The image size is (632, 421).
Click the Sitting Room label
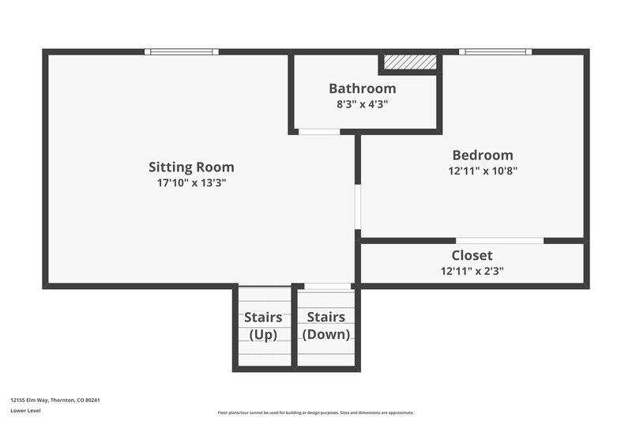tap(191, 167)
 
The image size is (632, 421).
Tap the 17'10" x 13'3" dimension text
tap(191, 182)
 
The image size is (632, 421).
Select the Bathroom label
tap(362, 88)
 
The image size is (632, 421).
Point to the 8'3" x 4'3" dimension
tap(362, 103)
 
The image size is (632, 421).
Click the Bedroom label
tap(482, 156)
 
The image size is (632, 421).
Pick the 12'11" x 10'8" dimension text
tap(482, 171)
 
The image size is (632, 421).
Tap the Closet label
tap(472, 256)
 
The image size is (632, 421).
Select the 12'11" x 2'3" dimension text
tap(472, 271)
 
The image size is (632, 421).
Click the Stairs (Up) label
tap(263, 325)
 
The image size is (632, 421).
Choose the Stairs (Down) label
tap(326, 325)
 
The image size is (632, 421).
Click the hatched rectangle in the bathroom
tap(410, 62)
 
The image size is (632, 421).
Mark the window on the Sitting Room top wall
tap(182, 52)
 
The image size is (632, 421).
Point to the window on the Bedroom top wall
tap(495, 52)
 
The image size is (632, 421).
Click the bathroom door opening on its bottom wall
tap(319, 131)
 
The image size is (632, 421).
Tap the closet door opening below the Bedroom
tap(499, 240)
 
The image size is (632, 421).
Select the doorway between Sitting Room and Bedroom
tap(358, 207)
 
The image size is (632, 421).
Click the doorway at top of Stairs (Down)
tap(327, 286)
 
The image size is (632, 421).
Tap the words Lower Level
tap(25, 411)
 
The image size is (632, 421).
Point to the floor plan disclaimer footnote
tap(315, 412)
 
